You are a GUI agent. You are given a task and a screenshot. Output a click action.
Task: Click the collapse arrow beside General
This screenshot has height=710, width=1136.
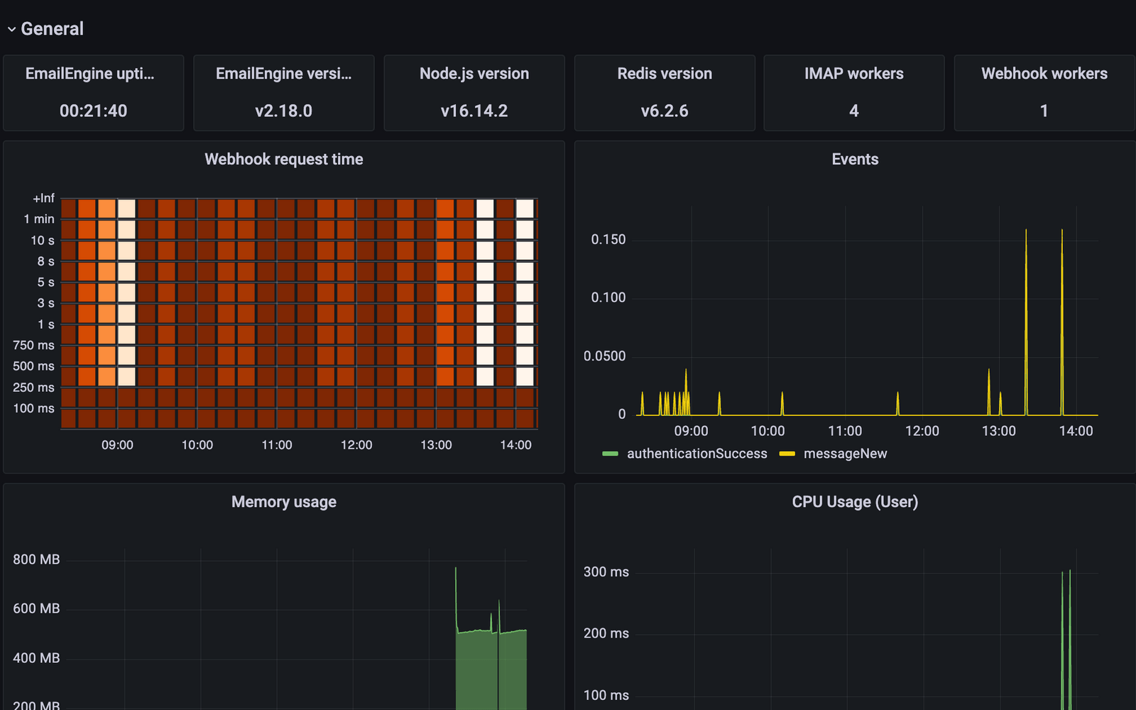11,29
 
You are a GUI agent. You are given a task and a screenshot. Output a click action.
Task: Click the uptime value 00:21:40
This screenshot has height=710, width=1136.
93,111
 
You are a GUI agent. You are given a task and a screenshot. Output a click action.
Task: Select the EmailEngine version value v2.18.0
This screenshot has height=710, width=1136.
283,111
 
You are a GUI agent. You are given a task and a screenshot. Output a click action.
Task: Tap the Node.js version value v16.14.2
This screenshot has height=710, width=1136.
474,111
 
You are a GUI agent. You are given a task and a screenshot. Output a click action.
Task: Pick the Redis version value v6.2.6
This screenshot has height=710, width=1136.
664,111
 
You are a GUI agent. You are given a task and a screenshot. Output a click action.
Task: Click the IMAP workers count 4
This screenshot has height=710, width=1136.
853,111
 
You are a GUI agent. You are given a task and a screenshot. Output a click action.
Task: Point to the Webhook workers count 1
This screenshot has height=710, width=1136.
1044,111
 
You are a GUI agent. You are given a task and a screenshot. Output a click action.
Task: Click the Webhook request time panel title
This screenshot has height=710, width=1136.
283,159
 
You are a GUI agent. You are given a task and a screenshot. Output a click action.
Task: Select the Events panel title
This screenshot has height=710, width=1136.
855,159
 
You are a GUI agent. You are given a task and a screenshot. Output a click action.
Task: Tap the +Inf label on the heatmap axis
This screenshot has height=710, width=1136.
43,198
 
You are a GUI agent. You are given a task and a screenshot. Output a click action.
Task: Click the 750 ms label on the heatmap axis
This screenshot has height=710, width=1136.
33,345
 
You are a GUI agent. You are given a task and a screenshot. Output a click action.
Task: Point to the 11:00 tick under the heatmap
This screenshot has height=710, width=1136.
276,445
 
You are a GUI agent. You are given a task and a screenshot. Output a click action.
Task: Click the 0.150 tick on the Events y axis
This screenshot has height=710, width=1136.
608,239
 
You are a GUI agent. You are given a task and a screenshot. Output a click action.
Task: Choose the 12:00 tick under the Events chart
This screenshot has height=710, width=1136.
922,431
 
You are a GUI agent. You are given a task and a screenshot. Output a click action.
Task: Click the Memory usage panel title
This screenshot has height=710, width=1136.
283,502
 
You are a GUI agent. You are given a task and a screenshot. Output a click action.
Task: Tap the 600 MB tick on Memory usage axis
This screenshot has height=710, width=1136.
36,608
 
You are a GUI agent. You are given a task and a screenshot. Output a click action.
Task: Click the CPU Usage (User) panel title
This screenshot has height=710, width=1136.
855,502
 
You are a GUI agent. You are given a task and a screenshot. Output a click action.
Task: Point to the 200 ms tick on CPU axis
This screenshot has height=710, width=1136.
606,633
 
